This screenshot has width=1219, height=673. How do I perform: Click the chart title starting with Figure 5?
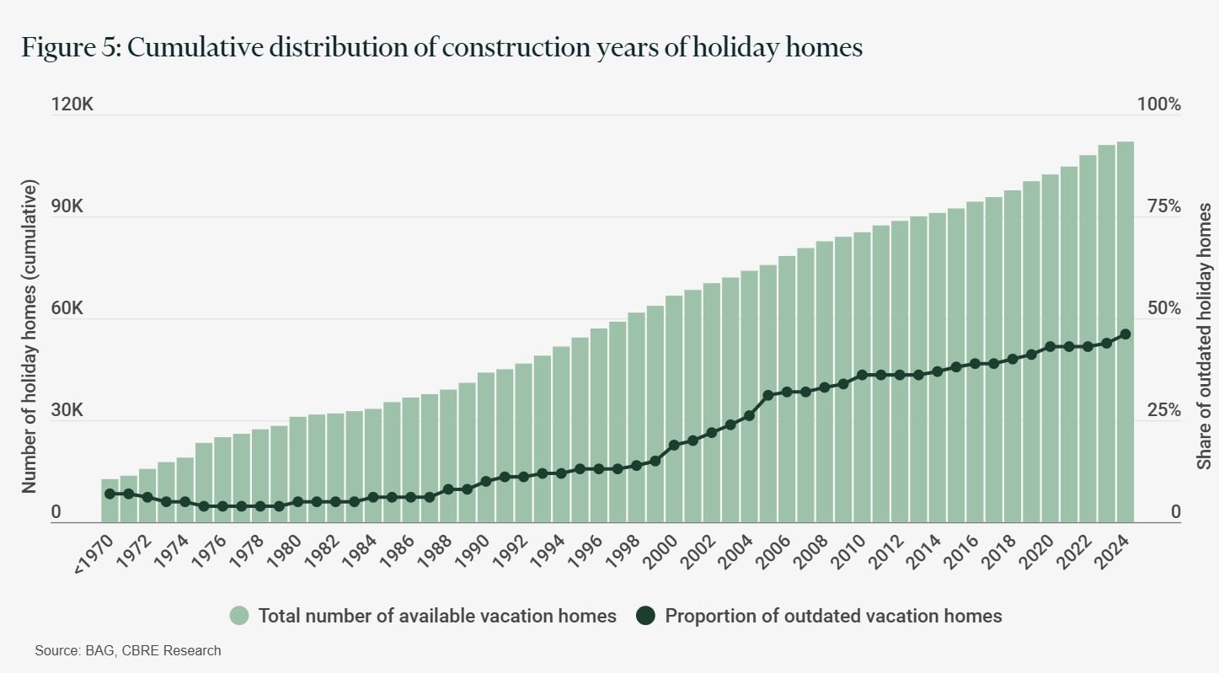(x=442, y=48)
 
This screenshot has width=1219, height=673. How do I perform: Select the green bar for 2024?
(x=1125, y=332)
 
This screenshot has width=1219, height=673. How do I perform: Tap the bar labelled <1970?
(x=110, y=500)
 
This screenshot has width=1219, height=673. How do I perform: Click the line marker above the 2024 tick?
(x=1125, y=334)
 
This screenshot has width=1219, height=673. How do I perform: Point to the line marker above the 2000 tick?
(x=674, y=445)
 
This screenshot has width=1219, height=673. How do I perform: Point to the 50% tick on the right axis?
(x=1160, y=309)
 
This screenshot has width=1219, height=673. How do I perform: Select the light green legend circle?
(x=240, y=616)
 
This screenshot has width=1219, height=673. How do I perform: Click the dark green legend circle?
(x=646, y=616)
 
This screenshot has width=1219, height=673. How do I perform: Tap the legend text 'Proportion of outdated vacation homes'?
(x=833, y=616)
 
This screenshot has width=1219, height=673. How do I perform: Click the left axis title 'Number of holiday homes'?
(x=29, y=336)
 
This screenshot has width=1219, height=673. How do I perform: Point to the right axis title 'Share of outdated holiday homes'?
(x=1205, y=336)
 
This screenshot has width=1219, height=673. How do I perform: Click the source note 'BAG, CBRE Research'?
(x=128, y=650)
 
